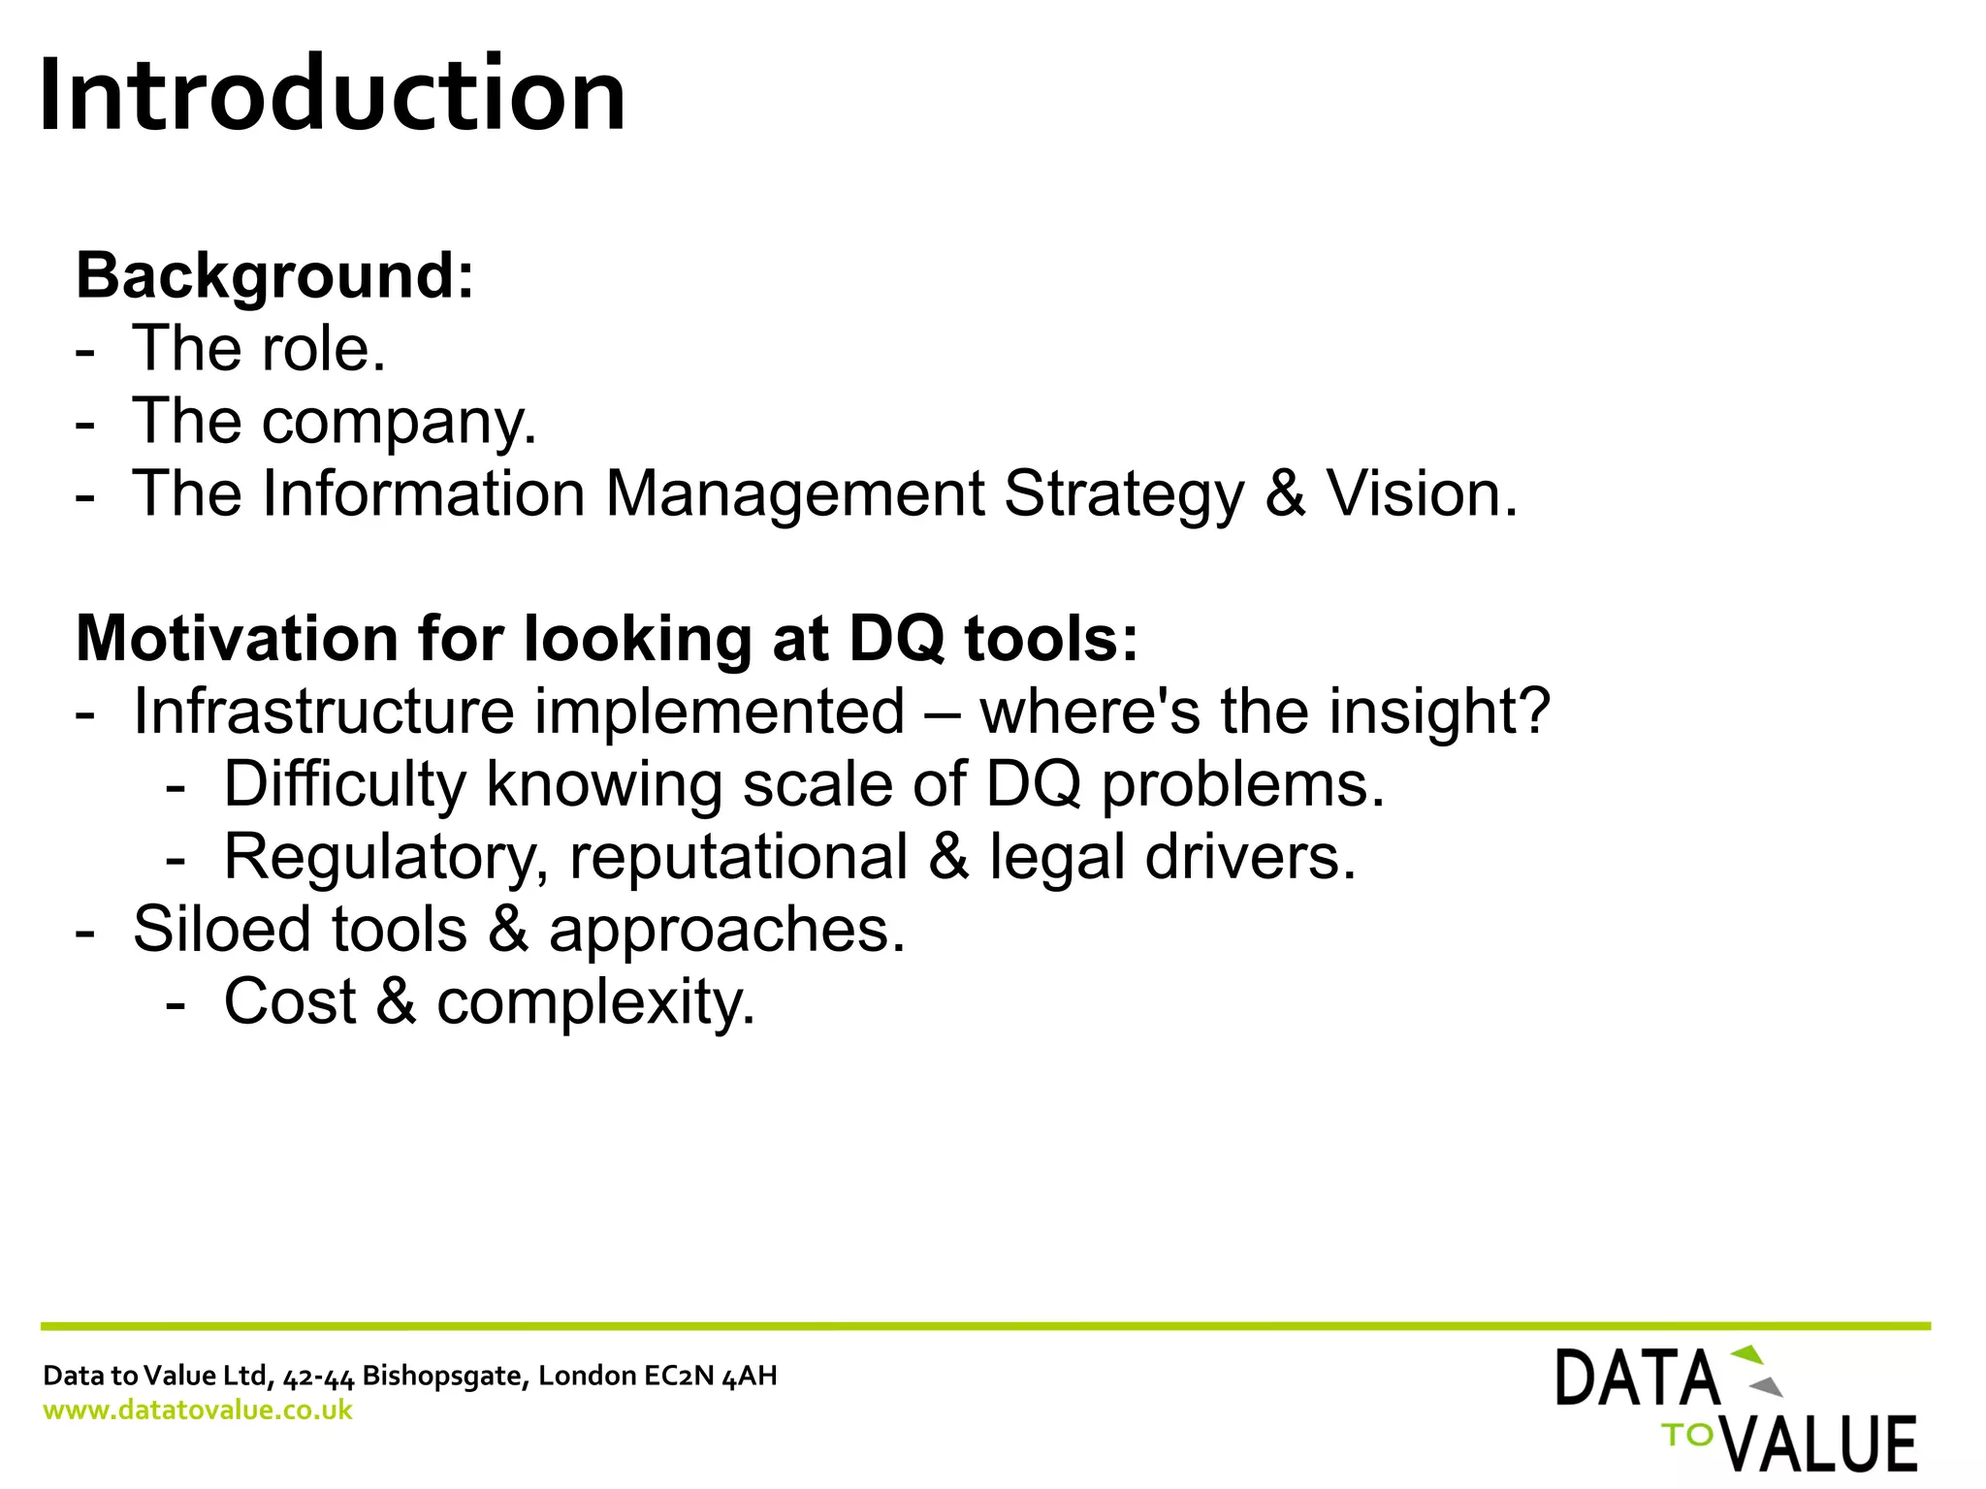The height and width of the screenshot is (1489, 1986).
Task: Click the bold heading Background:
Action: point(275,276)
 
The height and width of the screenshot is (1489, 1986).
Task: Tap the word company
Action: point(399,423)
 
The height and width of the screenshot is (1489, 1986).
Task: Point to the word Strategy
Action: point(1123,494)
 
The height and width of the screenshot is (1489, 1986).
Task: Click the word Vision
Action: point(1421,494)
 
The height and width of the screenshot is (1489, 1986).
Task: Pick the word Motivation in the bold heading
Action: point(237,640)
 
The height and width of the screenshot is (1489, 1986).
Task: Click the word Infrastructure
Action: point(324,712)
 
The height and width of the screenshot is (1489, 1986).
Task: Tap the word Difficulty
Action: point(345,784)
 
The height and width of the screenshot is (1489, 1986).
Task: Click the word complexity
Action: point(595,1002)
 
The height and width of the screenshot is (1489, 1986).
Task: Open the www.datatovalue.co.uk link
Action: point(198,1410)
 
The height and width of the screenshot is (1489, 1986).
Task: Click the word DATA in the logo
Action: point(1637,1378)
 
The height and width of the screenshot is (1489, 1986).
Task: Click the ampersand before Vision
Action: point(1285,494)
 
